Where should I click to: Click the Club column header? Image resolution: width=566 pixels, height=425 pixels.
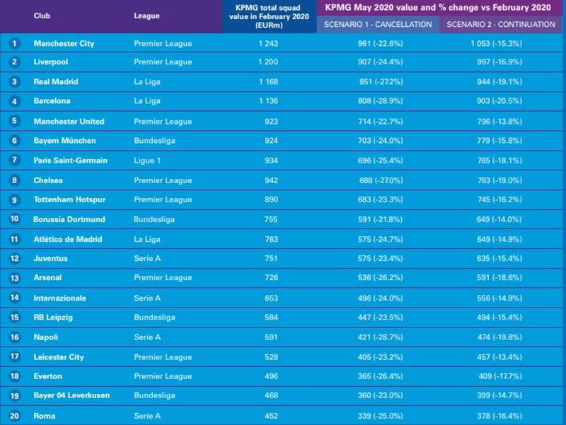pos(42,16)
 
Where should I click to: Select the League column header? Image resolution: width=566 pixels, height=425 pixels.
pos(146,16)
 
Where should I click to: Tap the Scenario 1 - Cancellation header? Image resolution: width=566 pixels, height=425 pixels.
pos(378,24)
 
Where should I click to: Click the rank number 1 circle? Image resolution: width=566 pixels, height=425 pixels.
pos(13,43)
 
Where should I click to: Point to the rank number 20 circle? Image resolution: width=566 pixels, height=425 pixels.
pos(13,416)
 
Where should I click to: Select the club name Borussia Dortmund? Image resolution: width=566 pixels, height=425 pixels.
pos(69,219)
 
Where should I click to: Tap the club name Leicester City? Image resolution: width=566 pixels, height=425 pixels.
pos(59,357)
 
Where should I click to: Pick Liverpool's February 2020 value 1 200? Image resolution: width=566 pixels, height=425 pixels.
pos(267,62)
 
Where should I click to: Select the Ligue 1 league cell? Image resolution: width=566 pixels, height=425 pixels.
pos(147,161)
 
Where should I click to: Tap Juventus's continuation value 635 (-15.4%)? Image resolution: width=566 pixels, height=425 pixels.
pos(503,259)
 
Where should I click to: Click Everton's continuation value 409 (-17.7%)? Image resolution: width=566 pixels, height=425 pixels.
pos(503,377)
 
